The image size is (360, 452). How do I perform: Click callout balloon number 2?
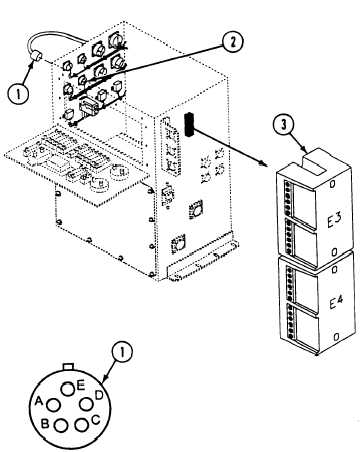pos(232,41)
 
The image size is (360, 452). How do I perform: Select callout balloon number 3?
pos(283,125)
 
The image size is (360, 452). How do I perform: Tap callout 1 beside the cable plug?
pos(18,93)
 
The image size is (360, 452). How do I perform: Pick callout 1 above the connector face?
pos(121,352)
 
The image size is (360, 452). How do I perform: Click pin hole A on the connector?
pos(53,405)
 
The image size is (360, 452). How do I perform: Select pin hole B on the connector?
pos(61,425)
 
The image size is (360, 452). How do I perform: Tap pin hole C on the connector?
pos(81,424)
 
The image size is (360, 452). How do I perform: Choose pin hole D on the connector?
pos(86,404)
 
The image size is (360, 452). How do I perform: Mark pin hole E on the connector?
pos(68,389)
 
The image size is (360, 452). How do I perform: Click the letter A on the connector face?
pos(39,401)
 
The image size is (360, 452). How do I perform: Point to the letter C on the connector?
pos(95,419)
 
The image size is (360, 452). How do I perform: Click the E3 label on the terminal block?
pos(333,220)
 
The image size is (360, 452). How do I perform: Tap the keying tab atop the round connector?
pos(68,367)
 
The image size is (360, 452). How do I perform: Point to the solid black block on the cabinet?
pos(189,124)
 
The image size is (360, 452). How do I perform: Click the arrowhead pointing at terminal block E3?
pos(263,163)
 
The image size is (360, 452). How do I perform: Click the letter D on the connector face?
pos(99,395)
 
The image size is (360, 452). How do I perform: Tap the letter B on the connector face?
pos(45,424)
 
